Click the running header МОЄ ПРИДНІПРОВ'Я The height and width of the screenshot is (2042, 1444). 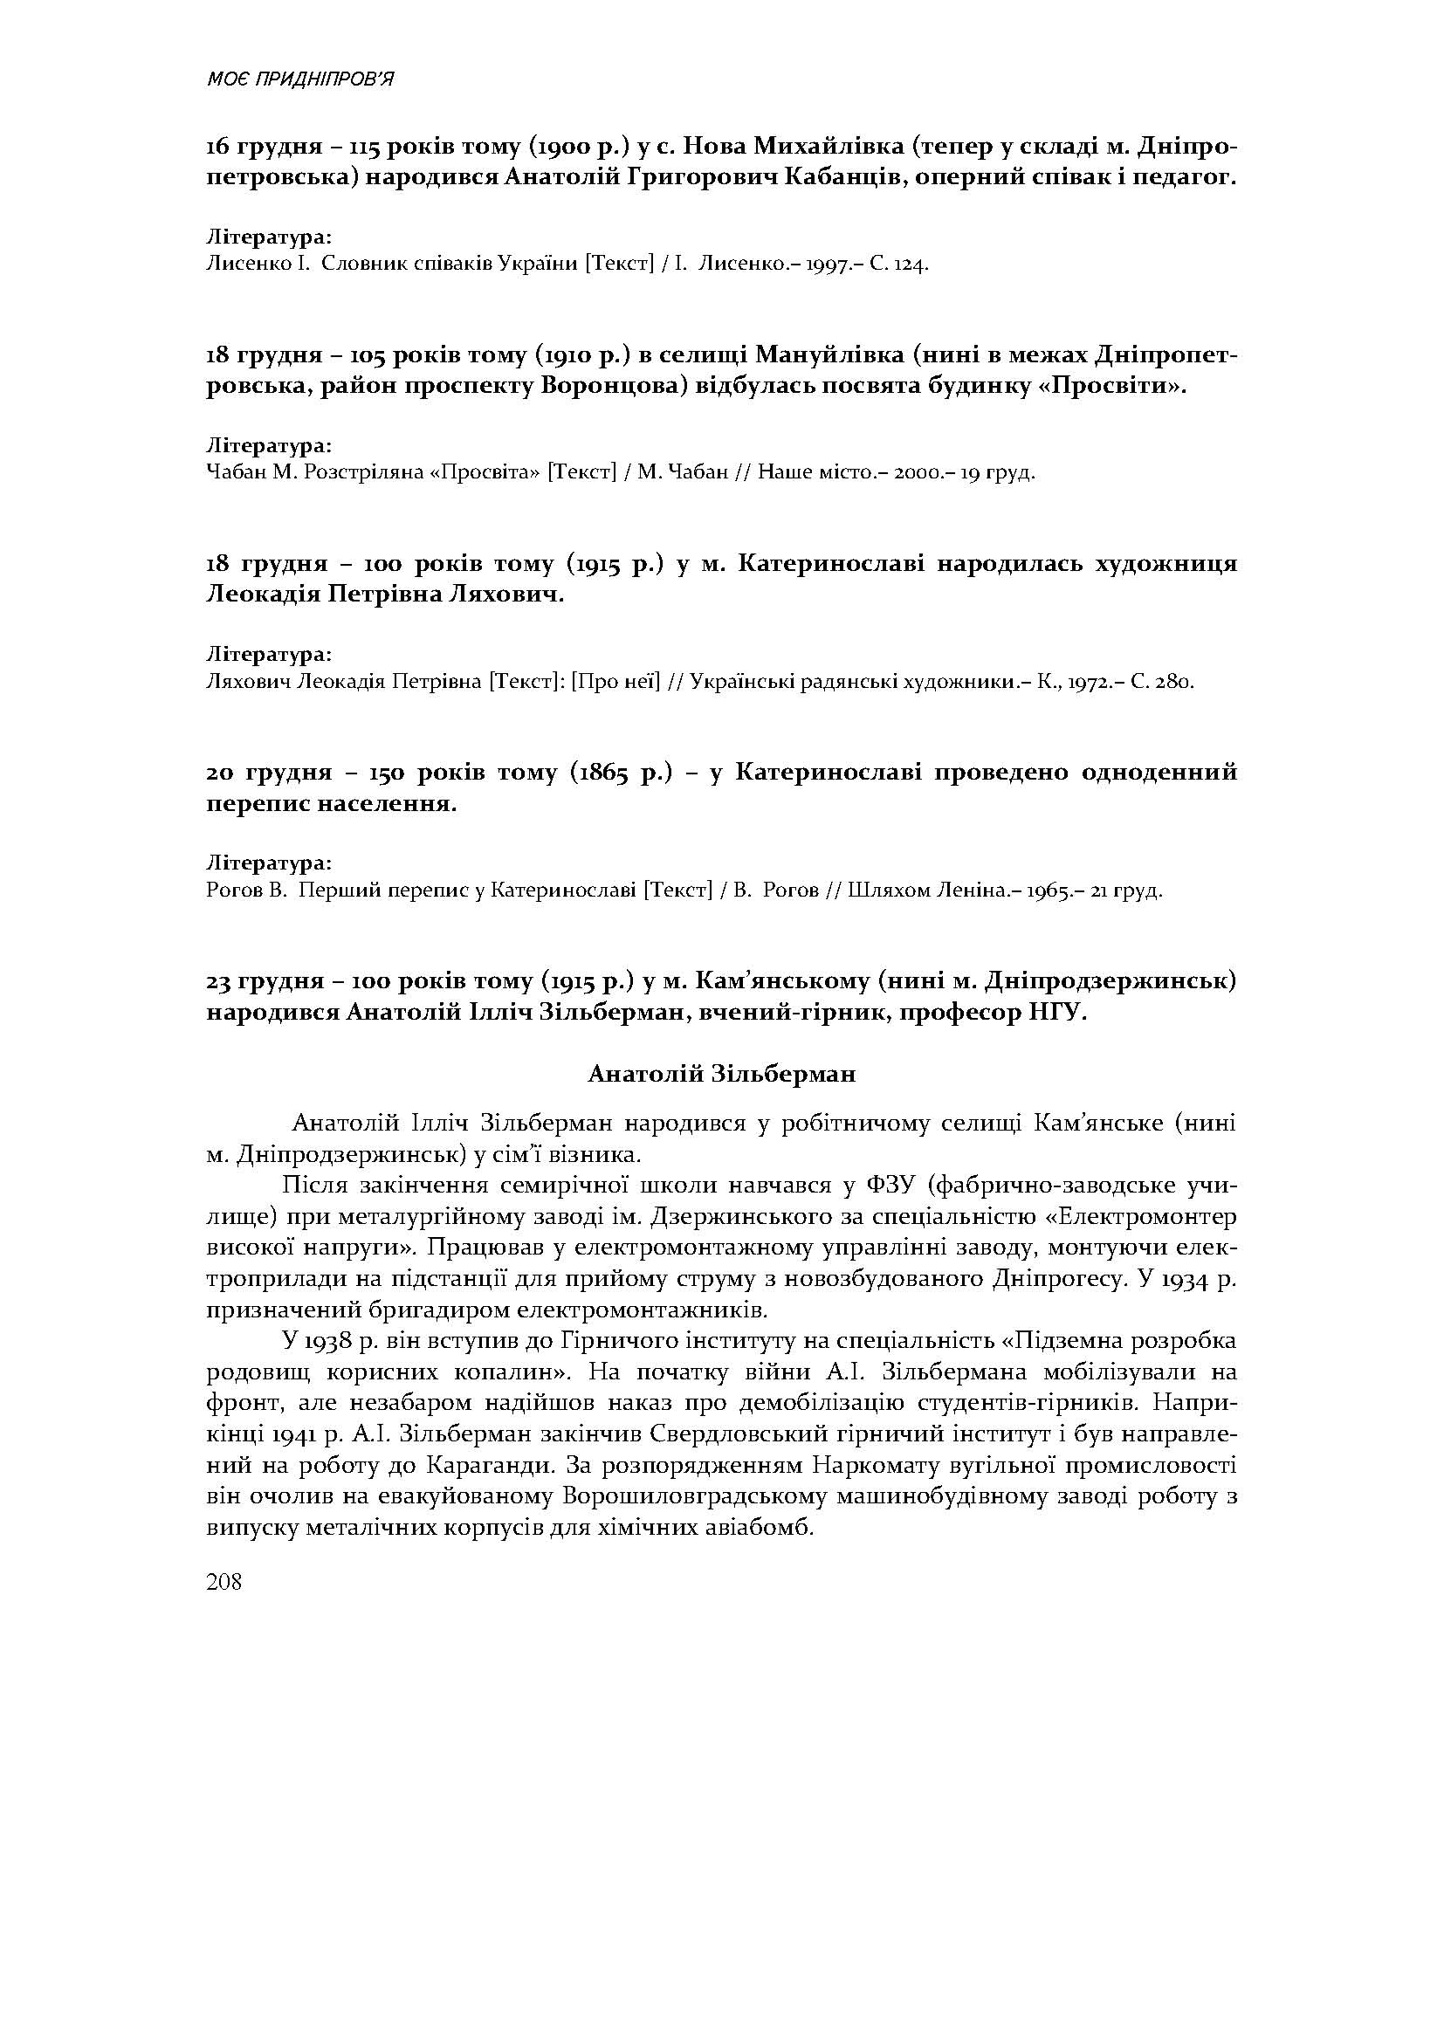[x=299, y=79]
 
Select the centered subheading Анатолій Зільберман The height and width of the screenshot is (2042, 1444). [x=721, y=1074]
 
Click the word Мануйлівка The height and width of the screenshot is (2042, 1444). [x=826, y=354]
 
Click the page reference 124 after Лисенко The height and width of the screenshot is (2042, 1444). [x=912, y=265]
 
